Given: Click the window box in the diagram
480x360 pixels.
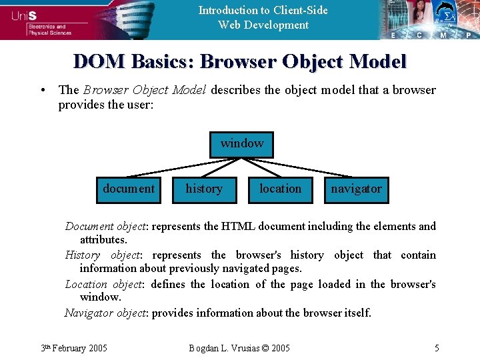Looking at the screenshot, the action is pos(241,144).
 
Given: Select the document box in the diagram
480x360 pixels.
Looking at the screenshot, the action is pos(129,189).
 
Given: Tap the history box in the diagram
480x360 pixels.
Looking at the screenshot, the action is pos(204,189).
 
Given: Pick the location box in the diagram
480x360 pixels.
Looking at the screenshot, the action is pos(280,189).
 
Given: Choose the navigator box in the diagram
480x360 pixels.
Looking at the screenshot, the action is pos(357,189).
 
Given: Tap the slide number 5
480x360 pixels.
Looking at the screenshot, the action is pos(436,347).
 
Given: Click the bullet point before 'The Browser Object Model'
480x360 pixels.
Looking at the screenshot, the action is pos(42,90).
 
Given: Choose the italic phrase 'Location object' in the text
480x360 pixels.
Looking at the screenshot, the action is pos(103,284).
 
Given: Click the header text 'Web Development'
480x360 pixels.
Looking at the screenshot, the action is pos(263,25).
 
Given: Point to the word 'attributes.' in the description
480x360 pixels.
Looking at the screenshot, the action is pos(103,239).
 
